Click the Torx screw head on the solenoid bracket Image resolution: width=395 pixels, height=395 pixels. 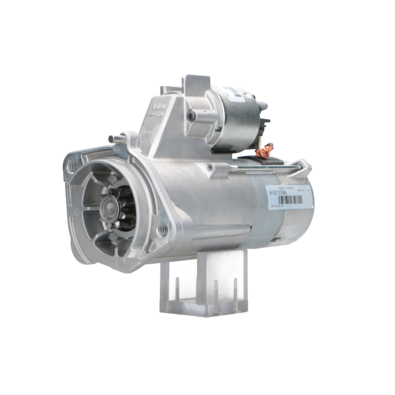pos(192,116)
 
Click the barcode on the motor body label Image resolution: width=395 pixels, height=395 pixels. pos(290,200)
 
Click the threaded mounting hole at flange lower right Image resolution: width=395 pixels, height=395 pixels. pos(163,229)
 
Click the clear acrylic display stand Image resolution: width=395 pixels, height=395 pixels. pos(203,284)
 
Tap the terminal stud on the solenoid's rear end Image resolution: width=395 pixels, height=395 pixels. pos(263,106)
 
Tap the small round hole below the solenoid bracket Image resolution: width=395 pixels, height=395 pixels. pos(210,168)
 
